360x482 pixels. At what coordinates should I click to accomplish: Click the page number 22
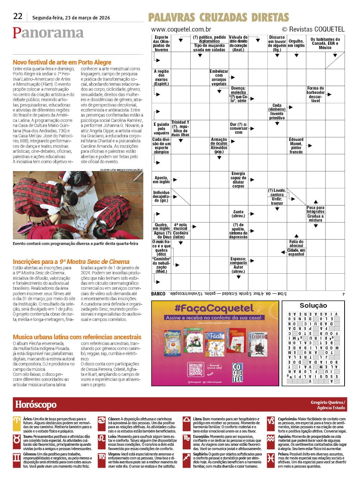18,16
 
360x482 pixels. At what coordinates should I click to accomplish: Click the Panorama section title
48,33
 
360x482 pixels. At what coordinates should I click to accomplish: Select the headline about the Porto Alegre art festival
62,62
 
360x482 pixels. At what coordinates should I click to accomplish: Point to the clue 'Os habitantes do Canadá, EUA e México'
325,43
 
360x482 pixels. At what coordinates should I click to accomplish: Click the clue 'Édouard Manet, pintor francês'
296,146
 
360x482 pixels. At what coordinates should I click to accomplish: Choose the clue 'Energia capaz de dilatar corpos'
238,180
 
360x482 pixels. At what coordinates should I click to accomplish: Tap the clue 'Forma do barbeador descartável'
315,94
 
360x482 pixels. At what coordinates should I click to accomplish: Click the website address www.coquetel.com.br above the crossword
181,29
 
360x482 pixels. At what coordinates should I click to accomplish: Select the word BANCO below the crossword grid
158,294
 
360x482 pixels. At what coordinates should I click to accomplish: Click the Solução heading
313,306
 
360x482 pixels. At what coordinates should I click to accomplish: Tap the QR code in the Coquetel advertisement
195,369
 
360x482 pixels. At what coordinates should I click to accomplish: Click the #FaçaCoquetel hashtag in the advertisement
214,308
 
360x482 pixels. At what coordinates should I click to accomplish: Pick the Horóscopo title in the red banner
36,405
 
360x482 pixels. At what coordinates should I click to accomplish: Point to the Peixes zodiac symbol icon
271,458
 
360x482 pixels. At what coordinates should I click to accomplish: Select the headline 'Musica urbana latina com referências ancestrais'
77,337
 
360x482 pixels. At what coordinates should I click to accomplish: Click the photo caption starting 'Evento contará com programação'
75,244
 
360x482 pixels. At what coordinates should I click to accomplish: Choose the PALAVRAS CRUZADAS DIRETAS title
218,17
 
